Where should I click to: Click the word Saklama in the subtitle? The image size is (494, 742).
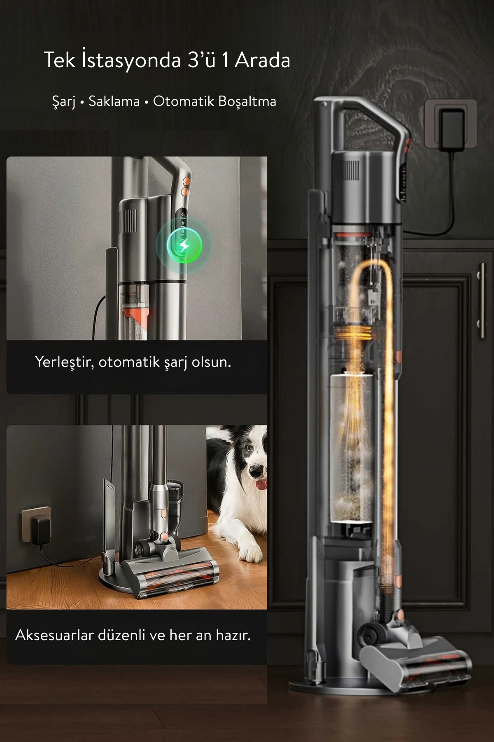[114, 101]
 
